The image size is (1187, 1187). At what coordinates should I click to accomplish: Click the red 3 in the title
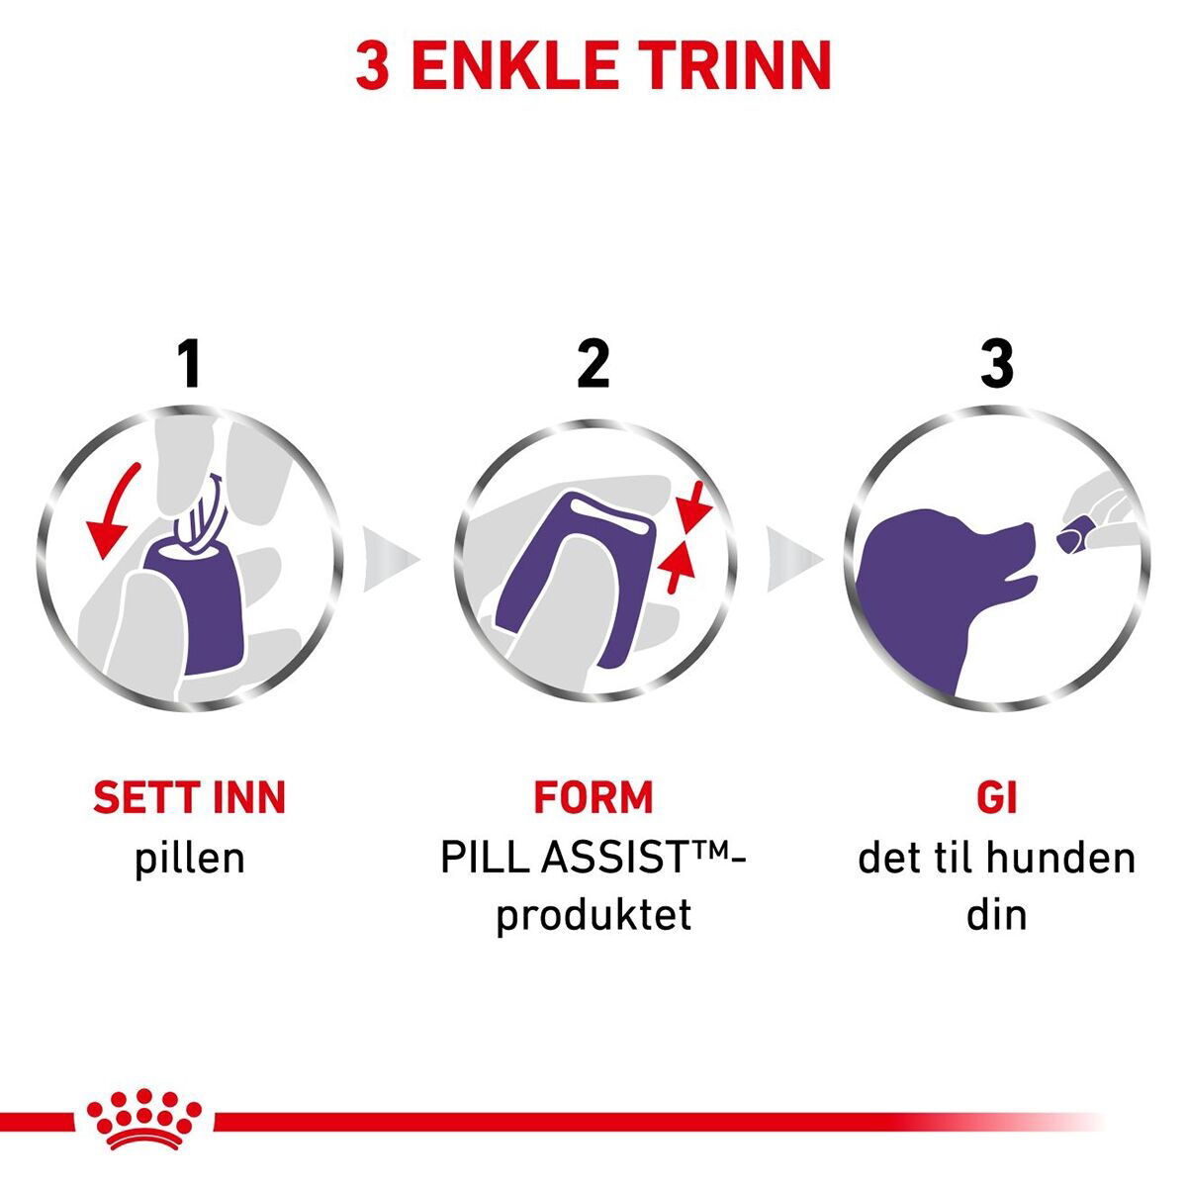point(373,65)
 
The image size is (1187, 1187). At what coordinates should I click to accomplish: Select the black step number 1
point(189,364)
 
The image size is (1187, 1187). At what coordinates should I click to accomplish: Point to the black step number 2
point(593,364)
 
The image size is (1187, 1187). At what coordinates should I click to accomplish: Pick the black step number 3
point(997,364)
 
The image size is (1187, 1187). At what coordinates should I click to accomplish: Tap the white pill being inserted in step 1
point(199,512)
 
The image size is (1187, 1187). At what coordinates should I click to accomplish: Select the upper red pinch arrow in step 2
point(694,507)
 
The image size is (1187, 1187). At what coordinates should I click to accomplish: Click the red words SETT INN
point(190,797)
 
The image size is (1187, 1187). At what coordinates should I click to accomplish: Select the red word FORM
point(593,797)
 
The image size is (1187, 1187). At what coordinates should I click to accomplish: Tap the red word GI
point(997,797)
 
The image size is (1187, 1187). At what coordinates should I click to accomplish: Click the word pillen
point(190,859)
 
